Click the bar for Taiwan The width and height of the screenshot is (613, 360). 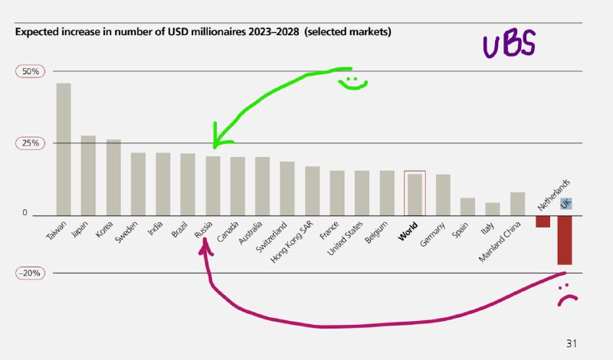pyautogui.click(x=64, y=149)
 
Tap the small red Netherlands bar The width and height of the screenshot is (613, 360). pyautogui.click(x=543, y=221)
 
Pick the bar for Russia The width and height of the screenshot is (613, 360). pyautogui.click(x=212, y=185)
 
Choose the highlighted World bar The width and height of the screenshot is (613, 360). pyautogui.click(x=415, y=195)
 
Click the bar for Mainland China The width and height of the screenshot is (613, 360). pyautogui.click(x=517, y=204)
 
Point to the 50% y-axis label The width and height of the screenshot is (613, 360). pyautogui.click(x=29, y=71)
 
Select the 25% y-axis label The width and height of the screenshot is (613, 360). pyautogui.click(x=29, y=143)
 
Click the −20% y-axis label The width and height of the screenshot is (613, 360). pyautogui.click(x=29, y=273)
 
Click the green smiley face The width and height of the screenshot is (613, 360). pyautogui.click(x=352, y=82)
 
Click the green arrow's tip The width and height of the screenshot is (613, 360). pyautogui.click(x=215, y=146)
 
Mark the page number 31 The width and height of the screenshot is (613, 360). pyautogui.click(x=571, y=342)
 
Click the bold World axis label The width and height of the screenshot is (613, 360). pyautogui.click(x=407, y=231)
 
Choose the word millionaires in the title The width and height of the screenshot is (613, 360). pyautogui.click(x=165, y=33)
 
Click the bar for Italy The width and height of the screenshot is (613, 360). pyautogui.click(x=493, y=209)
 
